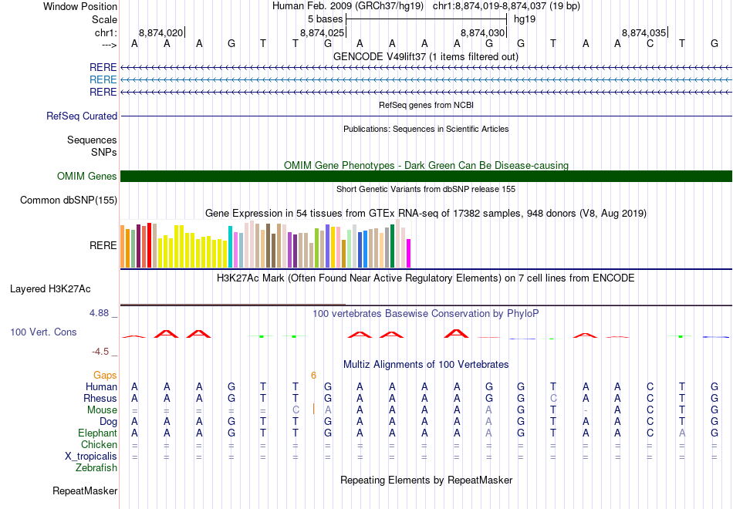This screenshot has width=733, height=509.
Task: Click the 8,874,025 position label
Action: [322, 32]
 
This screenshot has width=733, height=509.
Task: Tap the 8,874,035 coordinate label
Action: [643, 32]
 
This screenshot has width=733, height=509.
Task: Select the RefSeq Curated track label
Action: [82, 116]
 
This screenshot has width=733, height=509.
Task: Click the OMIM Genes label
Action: [87, 177]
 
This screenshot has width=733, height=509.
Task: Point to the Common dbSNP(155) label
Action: [69, 201]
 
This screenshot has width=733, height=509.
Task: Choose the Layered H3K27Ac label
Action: [50, 289]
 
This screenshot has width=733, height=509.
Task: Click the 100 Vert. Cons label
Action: [43, 332]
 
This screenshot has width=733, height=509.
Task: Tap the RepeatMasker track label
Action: [85, 490]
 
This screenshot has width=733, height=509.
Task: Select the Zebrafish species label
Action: [96, 467]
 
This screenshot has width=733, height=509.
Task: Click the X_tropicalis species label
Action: [91, 456]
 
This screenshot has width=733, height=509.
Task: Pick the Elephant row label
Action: [96, 433]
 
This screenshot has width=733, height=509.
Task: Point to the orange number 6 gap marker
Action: [314, 376]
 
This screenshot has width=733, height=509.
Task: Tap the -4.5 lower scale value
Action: [102, 352]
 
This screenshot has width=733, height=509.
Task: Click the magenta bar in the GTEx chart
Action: [409, 253]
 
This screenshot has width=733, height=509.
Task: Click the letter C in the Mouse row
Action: [296, 410]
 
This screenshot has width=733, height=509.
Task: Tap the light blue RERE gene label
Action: [103, 79]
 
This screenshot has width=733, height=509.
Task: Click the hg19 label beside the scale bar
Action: [525, 19]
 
